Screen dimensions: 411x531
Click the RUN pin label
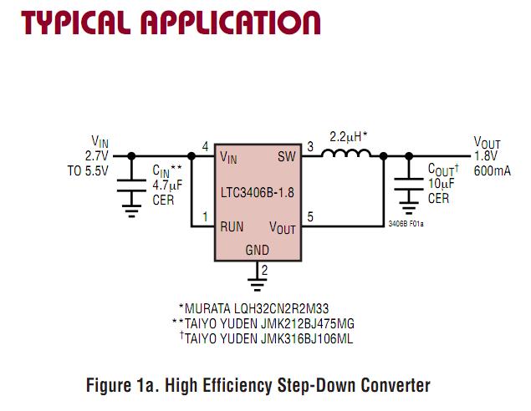(232, 226)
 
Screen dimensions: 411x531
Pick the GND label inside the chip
(257, 251)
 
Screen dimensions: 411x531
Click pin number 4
(206, 146)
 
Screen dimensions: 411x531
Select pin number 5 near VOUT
(310, 217)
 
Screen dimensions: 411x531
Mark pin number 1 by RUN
(206, 217)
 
